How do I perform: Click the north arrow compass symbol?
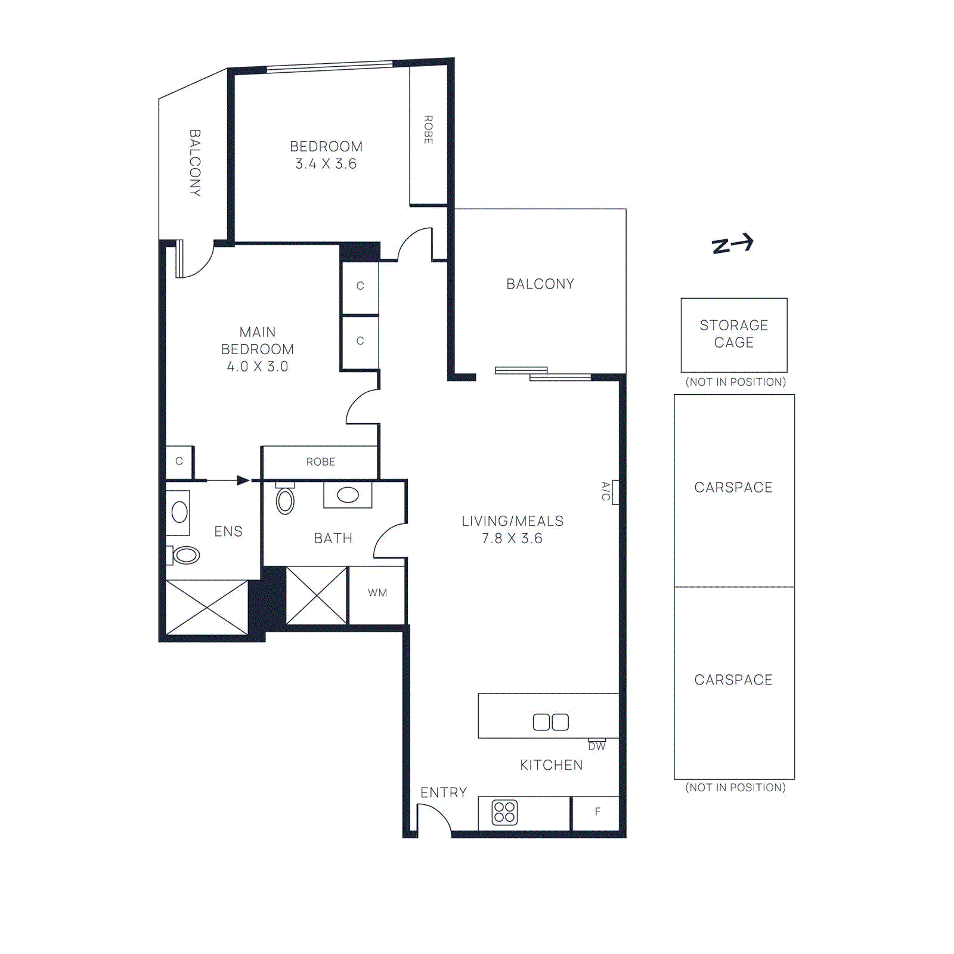[x=733, y=244]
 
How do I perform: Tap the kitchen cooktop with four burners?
[x=504, y=813]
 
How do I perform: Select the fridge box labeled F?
[x=596, y=812]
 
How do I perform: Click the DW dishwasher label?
[x=596, y=746]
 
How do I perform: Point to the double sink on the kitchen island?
[x=550, y=722]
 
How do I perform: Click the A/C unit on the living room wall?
[x=615, y=492]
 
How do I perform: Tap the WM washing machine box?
[x=377, y=593]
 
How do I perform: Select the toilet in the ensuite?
[x=185, y=555]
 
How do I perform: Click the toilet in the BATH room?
[x=285, y=500]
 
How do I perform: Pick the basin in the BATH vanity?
[x=348, y=495]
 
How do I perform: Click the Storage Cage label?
[x=733, y=334]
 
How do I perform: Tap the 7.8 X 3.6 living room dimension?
[x=512, y=538]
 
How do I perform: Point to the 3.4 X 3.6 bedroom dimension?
[x=326, y=164]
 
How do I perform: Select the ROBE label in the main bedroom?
[x=320, y=462]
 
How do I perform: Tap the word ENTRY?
[x=443, y=792]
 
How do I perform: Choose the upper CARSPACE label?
[x=733, y=488]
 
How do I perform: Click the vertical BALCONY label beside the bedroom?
[x=194, y=163]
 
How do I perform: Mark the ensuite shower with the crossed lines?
[x=206, y=608]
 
